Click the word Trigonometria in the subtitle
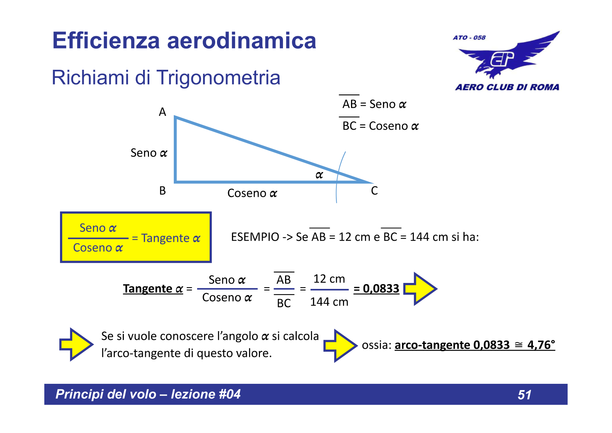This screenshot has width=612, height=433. pos(218,77)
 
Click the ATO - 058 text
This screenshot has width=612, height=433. pos(469,38)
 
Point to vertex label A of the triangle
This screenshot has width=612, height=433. pos(163,112)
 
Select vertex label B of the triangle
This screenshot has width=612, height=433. pos(163,191)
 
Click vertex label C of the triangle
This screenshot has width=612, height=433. pos(374,191)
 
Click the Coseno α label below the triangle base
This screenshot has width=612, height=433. pos(252,193)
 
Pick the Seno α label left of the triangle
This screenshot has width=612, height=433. pos(149,153)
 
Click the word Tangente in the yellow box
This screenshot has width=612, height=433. pos(165,238)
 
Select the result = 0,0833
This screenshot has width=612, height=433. pos(376,289)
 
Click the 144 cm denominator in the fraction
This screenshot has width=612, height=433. pos(329,302)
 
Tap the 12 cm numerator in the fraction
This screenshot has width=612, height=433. pos(329,279)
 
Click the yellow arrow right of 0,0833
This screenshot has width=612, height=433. pos(420,289)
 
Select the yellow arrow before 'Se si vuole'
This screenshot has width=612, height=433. pos(76,344)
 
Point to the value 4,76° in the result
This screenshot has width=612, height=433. pos(541,345)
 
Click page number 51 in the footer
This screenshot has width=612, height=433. pos(524,395)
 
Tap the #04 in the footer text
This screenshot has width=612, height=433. pos(230,394)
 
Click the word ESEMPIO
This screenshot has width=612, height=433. pos(255,237)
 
